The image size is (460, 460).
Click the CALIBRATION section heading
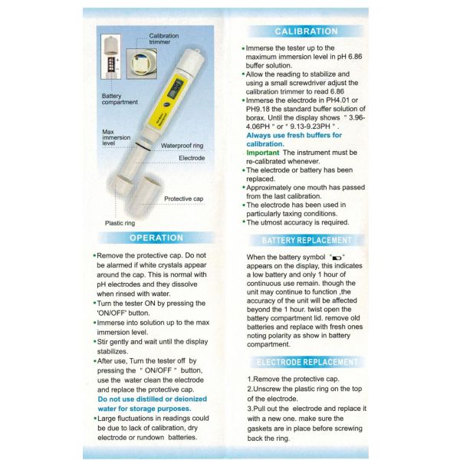(306, 31)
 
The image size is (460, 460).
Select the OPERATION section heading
(156, 238)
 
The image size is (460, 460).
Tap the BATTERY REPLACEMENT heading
(306, 240)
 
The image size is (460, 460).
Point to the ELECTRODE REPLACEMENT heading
(306, 362)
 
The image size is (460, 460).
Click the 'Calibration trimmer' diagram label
(164, 40)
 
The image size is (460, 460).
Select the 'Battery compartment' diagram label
(120, 99)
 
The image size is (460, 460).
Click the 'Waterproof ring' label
(182, 146)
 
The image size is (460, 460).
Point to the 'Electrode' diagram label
(192, 158)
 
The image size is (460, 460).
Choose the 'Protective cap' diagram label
(183, 199)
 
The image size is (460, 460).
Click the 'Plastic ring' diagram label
(120, 223)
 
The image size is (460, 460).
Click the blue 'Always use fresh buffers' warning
(294, 139)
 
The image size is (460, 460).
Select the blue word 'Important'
(263, 153)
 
